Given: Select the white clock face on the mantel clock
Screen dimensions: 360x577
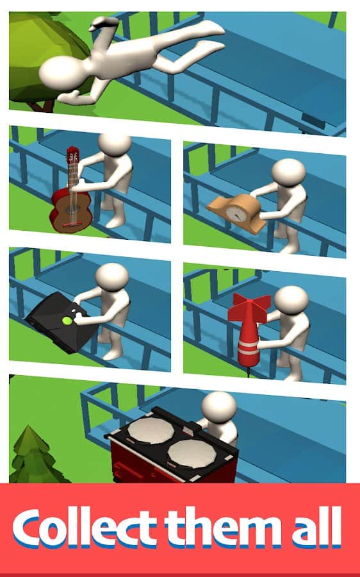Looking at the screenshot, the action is (234, 213).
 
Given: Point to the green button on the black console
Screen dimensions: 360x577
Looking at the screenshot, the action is (67, 321).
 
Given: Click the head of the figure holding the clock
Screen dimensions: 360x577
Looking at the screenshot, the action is (289, 172).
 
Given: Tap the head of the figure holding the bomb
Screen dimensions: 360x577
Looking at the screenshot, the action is (291, 300).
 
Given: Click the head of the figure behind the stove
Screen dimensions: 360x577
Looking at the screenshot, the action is (219, 407).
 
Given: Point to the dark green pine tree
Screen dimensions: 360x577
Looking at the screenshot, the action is (35, 456).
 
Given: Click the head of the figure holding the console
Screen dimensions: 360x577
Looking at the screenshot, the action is (112, 276).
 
